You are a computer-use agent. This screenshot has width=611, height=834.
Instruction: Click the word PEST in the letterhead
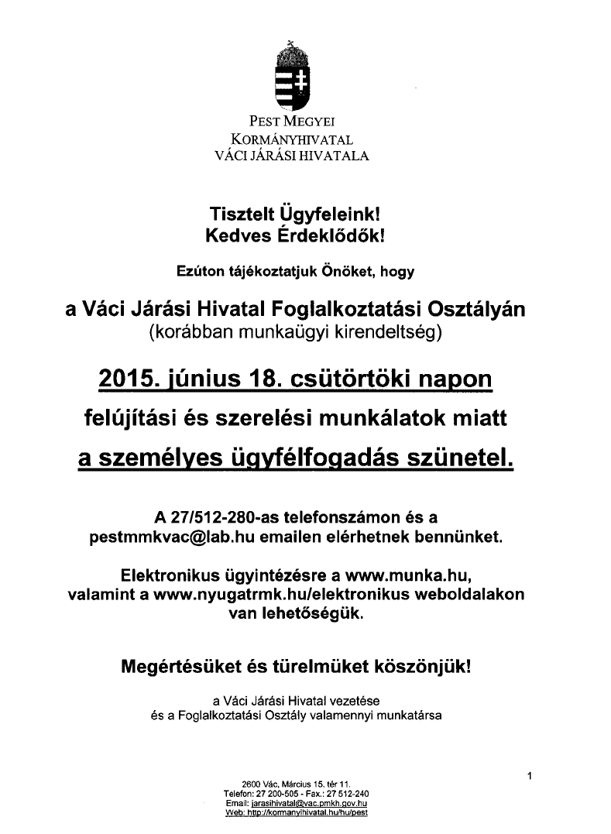tap(264, 122)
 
